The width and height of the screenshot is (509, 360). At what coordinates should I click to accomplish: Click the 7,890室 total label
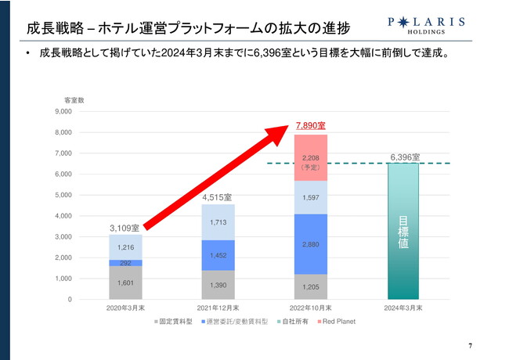(311, 124)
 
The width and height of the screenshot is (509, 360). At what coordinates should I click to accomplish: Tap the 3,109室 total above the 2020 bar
(125, 227)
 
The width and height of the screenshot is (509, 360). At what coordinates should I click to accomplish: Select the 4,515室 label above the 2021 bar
(218, 197)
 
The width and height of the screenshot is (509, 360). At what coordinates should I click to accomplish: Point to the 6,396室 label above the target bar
(404, 157)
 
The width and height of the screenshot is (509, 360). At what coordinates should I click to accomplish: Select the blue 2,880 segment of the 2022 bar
(311, 245)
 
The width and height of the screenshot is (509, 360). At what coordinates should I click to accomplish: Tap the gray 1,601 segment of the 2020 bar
(125, 283)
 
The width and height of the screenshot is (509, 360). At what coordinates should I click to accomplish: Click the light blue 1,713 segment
(218, 222)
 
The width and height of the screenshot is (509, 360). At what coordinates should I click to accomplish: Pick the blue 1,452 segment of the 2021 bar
(218, 255)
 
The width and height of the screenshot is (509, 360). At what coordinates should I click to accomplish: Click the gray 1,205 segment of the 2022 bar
(311, 286)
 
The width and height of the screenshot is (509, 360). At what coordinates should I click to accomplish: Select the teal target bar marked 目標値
(404, 231)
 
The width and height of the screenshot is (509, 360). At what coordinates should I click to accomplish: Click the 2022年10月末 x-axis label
(311, 308)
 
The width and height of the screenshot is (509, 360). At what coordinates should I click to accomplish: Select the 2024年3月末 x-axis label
(404, 308)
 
